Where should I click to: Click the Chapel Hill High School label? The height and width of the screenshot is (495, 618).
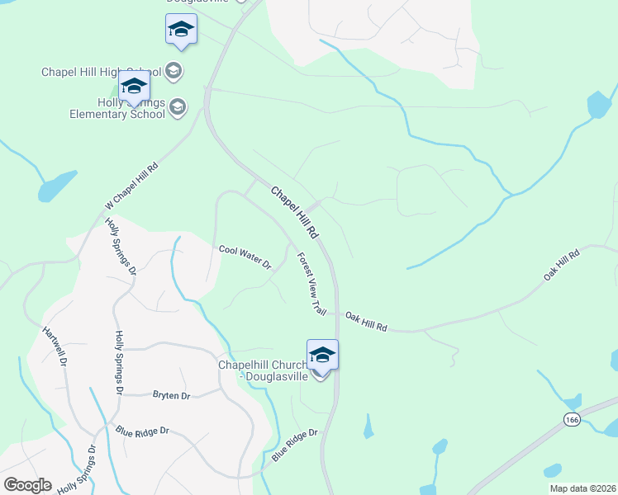point(102,72)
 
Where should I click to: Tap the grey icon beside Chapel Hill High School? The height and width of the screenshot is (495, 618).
point(174,71)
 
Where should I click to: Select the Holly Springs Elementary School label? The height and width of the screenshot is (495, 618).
point(132,108)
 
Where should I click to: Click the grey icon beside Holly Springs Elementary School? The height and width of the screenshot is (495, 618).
point(178,107)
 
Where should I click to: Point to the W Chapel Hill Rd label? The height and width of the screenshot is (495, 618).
point(131,182)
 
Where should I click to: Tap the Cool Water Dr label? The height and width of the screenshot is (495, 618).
point(245,257)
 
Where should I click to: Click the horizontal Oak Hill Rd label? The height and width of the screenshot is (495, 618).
point(366,322)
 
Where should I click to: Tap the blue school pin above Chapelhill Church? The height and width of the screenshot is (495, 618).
point(322,356)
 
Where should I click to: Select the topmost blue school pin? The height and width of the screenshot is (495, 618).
point(181,31)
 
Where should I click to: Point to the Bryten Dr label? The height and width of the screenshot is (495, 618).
point(172,396)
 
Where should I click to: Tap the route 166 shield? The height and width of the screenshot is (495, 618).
point(571,420)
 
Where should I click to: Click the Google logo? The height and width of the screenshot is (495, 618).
point(27,485)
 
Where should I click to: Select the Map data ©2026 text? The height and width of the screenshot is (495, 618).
point(582,488)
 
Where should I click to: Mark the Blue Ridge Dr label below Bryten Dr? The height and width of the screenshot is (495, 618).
point(142,431)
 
